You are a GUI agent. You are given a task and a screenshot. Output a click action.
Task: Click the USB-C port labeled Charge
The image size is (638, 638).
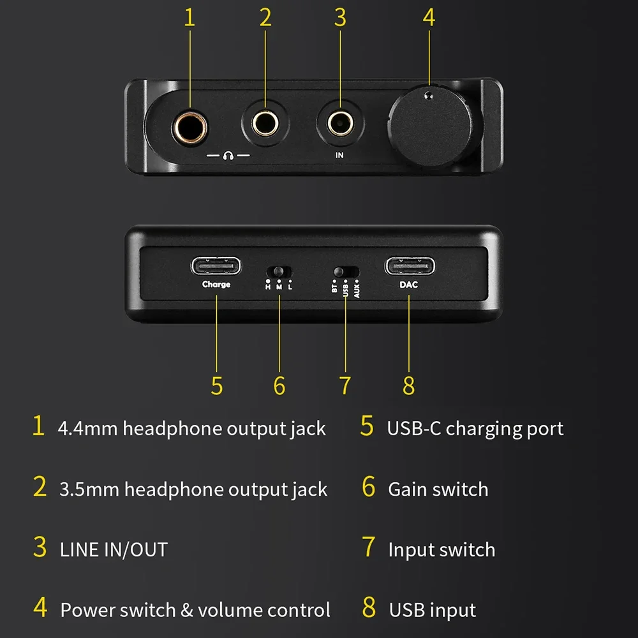click(x=216, y=264)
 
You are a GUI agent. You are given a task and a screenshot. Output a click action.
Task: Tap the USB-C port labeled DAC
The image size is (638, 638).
click(x=408, y=264)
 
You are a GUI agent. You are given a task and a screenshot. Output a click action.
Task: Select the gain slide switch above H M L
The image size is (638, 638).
click(x=279, y=272)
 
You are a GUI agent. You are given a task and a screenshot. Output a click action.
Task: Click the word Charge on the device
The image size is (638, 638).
click(x=216, y=285)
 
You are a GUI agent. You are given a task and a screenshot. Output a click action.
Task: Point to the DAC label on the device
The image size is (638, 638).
click(x=408, y=285)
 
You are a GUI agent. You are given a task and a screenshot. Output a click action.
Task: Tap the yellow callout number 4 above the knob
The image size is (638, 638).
click(x=429, y=18)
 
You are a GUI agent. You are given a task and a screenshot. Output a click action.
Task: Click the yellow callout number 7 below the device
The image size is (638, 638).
click(x=345, y=385)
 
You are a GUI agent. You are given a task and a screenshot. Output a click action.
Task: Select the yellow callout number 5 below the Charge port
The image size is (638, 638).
click(x=217, y=385)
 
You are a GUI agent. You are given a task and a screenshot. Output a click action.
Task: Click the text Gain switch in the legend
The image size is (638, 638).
click(x=438, y=489)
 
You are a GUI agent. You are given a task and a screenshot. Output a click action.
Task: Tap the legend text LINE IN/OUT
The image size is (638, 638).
click(x=114, y=549)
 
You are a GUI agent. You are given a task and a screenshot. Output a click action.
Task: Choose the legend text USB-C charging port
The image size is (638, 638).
click(x=475, y=429)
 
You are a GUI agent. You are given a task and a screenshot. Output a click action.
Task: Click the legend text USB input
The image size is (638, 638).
click(x=433, y=610)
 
